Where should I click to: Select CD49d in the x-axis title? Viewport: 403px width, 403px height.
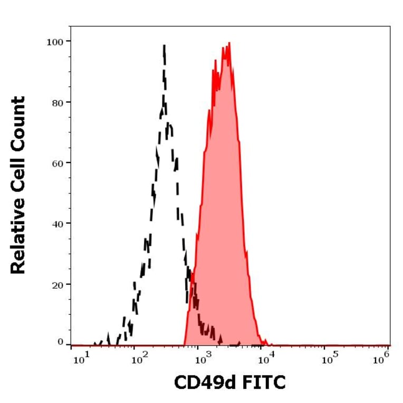(205, 383)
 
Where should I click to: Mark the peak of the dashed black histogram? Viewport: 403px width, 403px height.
(164, 46)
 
